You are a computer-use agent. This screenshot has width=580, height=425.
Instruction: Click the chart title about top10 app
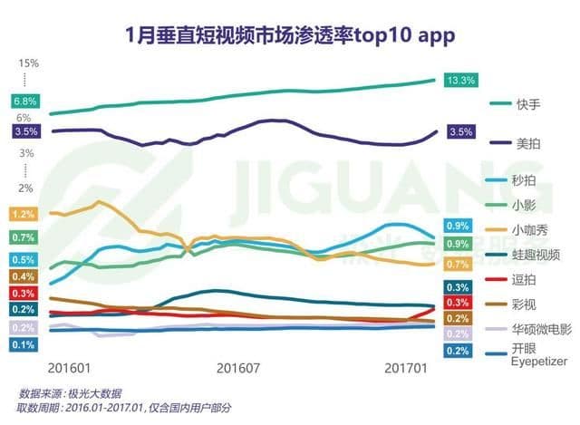290,34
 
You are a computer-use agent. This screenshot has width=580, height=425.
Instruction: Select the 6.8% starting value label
24,101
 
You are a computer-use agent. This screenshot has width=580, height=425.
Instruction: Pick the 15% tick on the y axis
27,63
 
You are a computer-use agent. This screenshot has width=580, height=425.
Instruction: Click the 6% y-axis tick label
24,118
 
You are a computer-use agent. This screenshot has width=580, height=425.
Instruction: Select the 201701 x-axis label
407,369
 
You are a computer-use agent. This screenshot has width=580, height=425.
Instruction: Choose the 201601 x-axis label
69,369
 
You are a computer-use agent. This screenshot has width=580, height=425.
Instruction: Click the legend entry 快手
526,104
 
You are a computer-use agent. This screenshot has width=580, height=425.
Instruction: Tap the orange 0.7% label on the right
458,265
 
